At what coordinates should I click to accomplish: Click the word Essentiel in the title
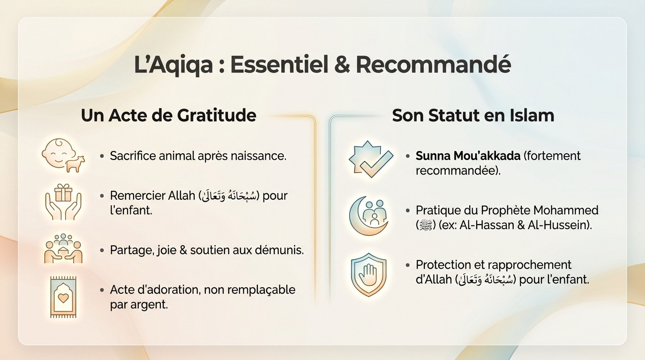pos(278,65)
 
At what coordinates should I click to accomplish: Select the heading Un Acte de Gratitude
pos(168,115)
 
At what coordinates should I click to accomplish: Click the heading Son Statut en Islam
pos(473,115)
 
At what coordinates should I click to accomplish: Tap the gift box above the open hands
pos(63,192)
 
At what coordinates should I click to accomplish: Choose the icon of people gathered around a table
pos(63,248)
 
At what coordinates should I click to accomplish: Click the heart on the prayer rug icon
pos(63,298)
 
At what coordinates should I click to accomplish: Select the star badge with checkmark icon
pos(370,159)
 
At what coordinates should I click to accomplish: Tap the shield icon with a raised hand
pos(368,275)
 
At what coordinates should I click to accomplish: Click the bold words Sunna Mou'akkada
pos(468,156)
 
